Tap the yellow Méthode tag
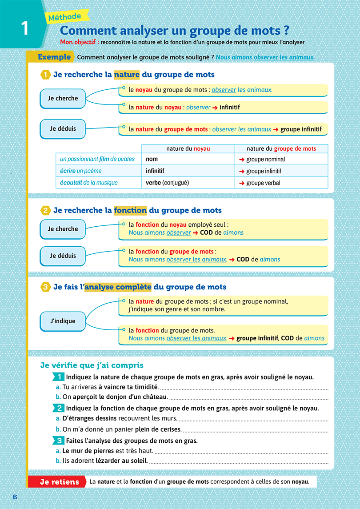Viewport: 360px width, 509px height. (65, 17)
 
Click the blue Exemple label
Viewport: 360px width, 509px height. (54, 57)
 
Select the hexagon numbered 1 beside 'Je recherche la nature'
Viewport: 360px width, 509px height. (45, 75)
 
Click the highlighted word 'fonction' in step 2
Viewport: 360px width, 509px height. (130, 210)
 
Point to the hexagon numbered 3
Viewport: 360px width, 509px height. (45, 287)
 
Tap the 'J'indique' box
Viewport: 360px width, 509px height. (62, 321)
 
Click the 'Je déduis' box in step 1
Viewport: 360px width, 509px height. (63, 128)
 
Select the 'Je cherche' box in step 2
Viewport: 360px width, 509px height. (63, 229)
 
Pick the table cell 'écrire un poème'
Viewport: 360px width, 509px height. (81, 171)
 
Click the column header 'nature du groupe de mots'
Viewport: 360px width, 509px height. (281, 148)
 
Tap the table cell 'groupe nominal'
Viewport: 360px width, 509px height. (265, 159)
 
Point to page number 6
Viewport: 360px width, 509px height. (15, 497)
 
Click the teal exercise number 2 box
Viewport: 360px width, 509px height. (59, 408)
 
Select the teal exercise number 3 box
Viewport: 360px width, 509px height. (59, 441)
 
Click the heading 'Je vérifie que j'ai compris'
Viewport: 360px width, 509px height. (92, 365)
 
